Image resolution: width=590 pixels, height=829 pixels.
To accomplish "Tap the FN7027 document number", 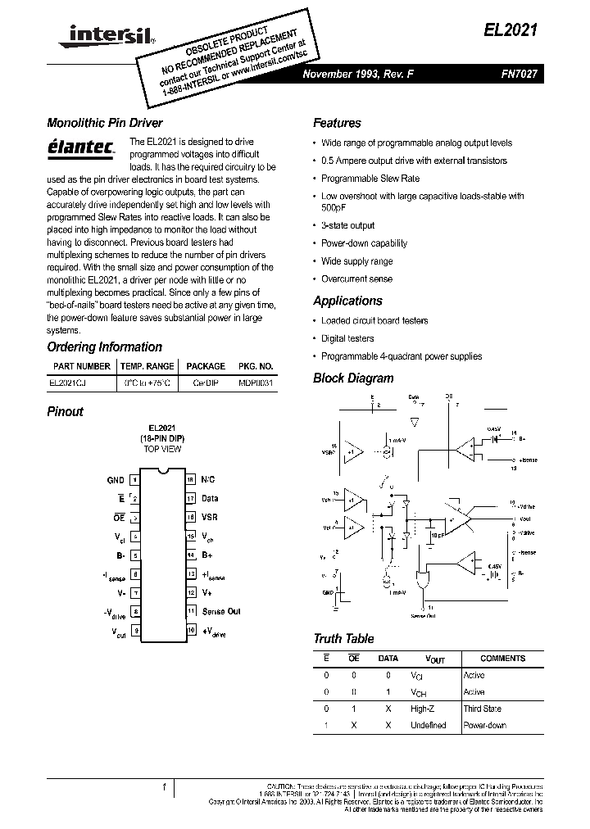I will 519,74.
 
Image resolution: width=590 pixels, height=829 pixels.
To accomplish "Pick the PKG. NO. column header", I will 256,367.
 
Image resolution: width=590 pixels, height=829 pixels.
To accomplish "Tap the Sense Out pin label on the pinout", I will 221,611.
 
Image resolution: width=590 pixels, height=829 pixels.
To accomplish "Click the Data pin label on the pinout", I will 210,498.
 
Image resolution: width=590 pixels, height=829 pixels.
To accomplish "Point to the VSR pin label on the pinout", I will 210,517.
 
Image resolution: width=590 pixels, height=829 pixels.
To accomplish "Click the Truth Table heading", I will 343,639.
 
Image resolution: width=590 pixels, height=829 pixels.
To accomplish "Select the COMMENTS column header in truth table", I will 502,659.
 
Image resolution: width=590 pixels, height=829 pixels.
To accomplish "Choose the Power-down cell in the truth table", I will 485,725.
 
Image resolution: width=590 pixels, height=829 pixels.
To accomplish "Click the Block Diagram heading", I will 353,378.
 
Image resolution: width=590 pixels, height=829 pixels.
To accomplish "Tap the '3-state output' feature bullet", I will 347,225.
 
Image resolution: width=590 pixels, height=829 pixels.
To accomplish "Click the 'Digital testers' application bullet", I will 347,338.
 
